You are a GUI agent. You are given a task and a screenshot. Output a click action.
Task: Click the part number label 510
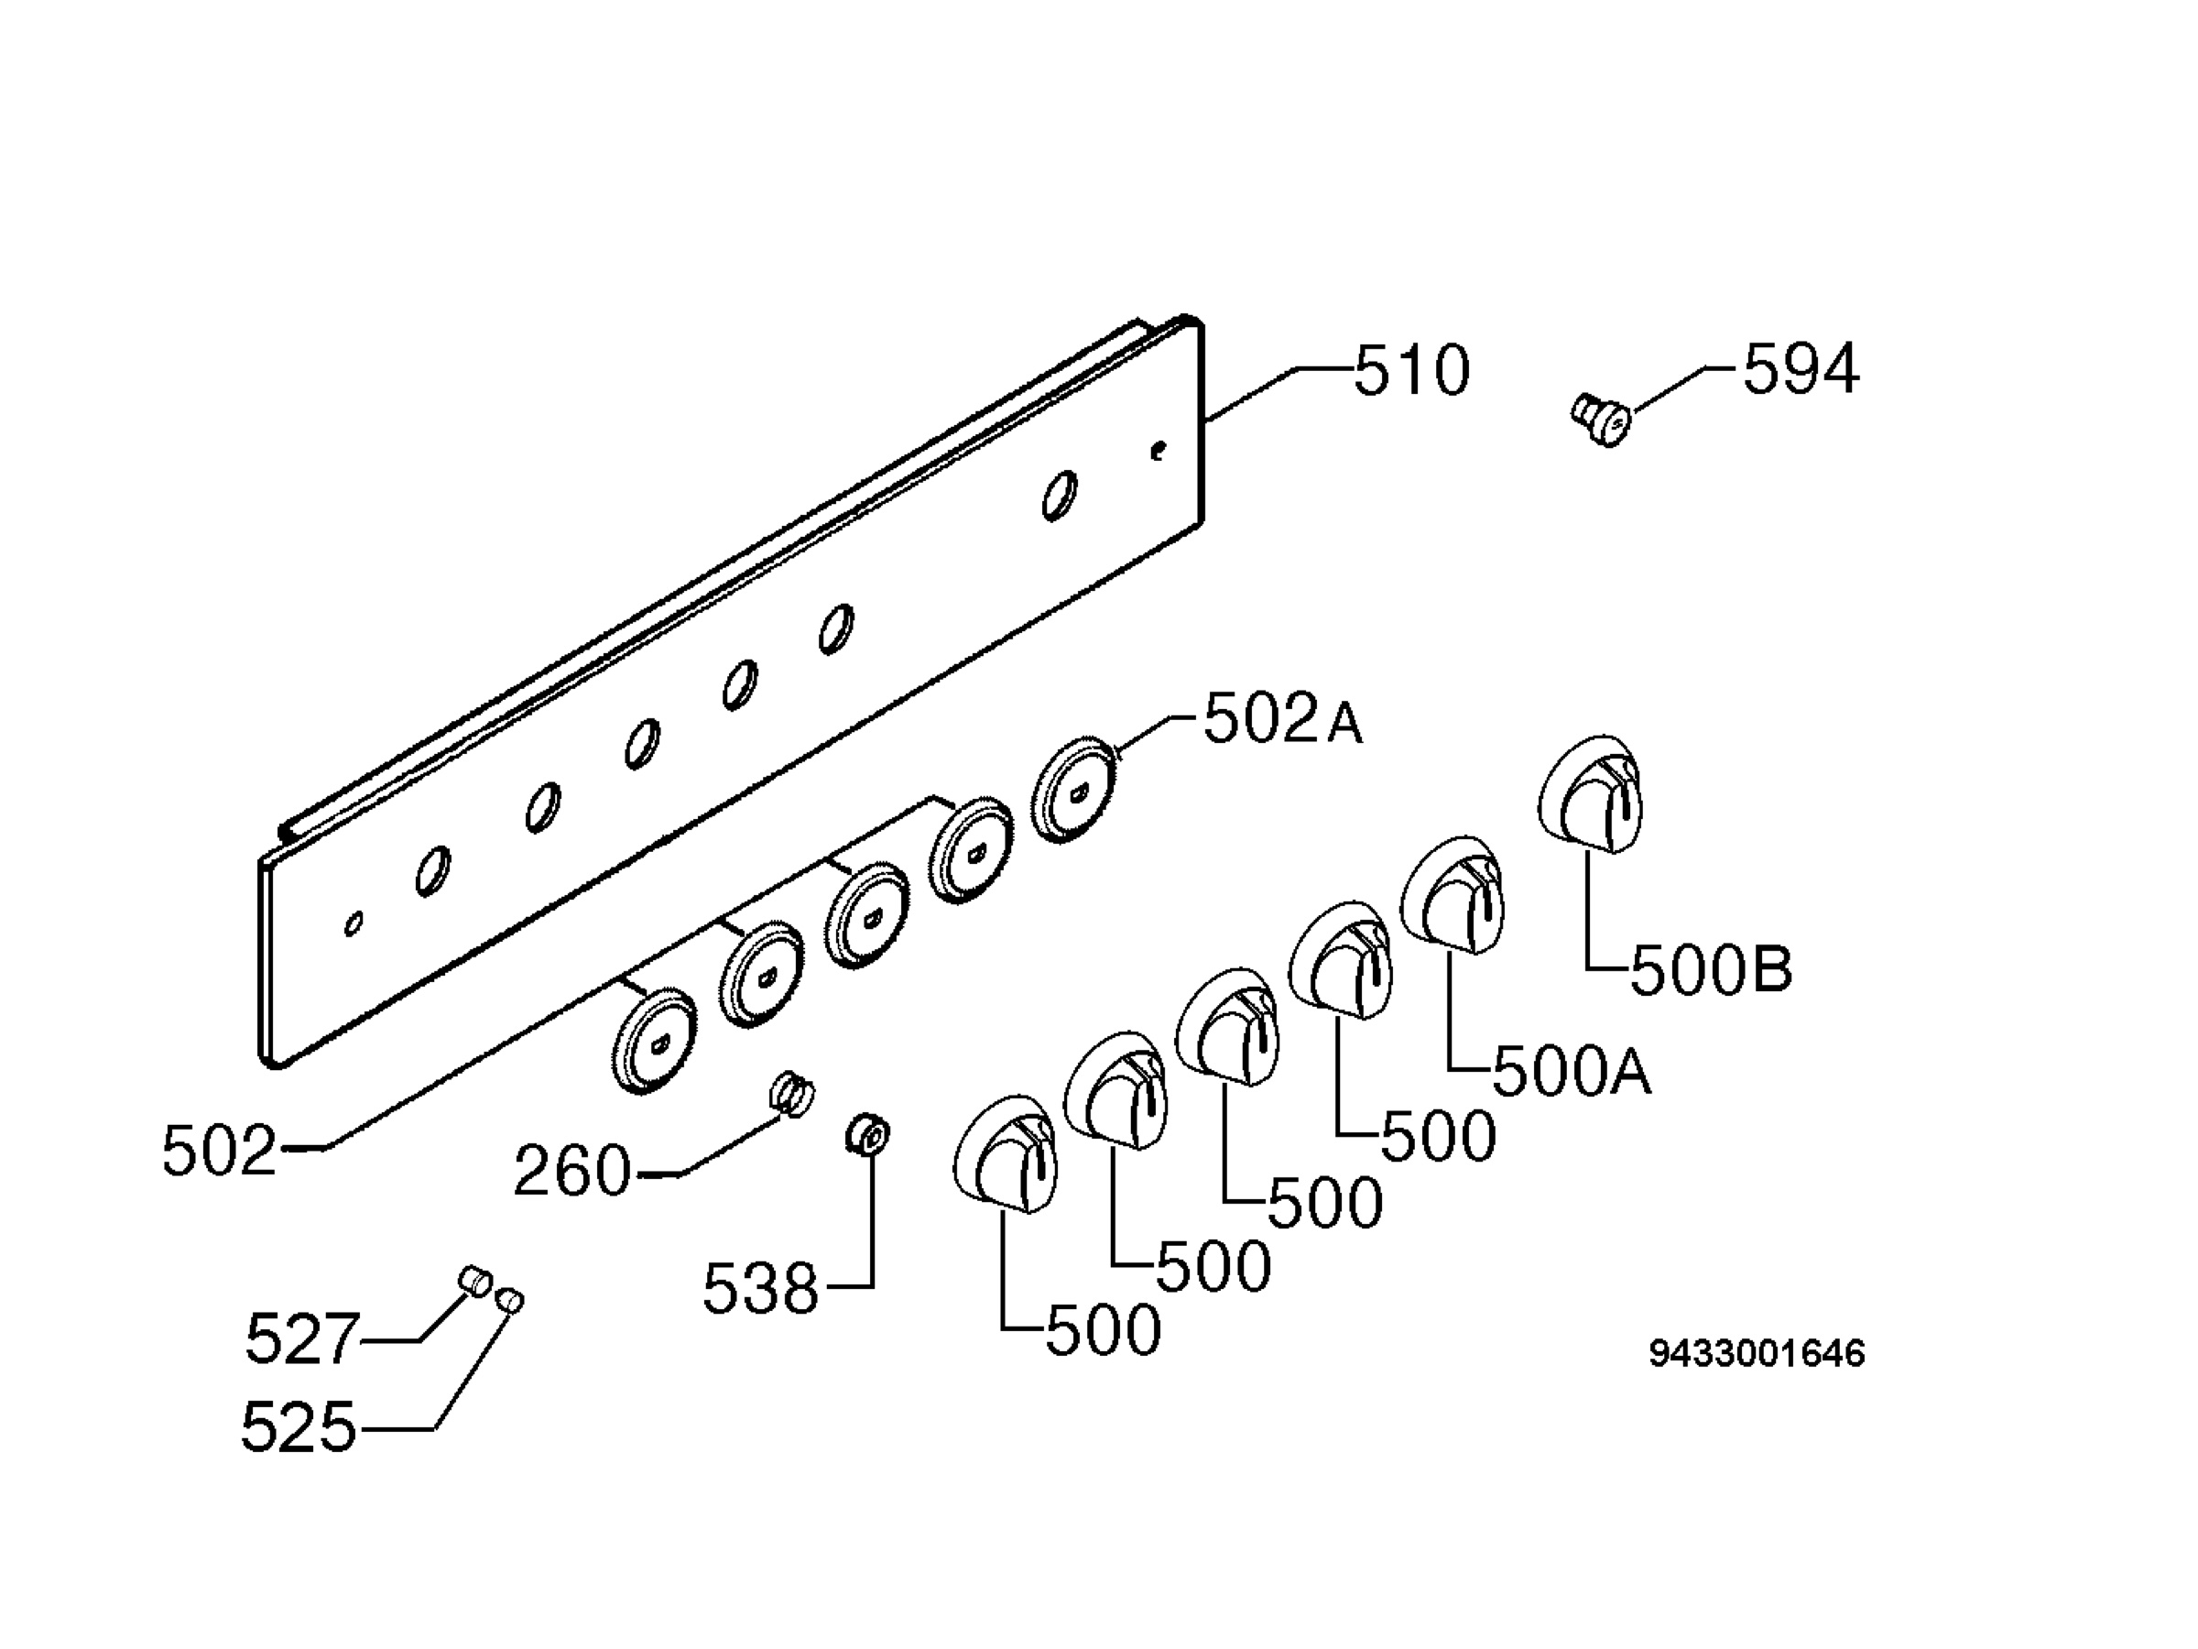(x=1411, y=371)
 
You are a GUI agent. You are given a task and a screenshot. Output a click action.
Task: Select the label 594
(x=1801, y=369)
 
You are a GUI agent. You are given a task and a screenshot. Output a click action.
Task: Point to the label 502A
(x=1283, y=720)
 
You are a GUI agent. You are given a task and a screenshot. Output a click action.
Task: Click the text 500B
(x=1711, y=970)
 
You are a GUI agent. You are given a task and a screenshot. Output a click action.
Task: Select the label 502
(x=219, y=1151)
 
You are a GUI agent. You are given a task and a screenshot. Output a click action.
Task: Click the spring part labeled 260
(x=792, y=1093)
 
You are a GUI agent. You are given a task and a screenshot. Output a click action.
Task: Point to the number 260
(x=572, y=1170)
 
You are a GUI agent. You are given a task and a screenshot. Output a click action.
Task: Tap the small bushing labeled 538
(x=867, y=1134)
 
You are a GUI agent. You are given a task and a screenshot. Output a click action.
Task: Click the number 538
(x=760, y=1289)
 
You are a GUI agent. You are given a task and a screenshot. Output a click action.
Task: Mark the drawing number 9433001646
(x=1757, y=1354)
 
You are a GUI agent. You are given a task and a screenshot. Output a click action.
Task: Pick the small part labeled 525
(x=510, y=1299)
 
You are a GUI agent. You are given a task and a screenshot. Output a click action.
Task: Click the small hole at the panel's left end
(x=353, y=923)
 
